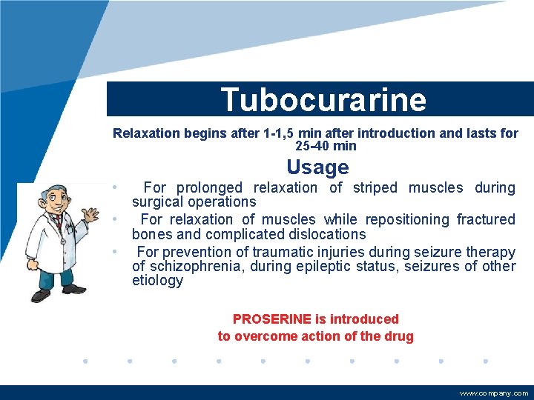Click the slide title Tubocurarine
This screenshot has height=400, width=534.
[x=323, y=99]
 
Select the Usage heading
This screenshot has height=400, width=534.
[x=317, y=167]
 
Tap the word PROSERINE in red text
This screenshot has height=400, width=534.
[x=271, y=319]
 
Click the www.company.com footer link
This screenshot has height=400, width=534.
[x=494, y=393]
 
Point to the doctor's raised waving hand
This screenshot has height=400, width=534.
[x=90, y=215]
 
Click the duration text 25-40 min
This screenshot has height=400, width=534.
[x=326, y=146]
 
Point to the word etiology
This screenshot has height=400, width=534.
[x=157, y=280]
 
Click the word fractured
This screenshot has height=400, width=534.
[x=486, y=219]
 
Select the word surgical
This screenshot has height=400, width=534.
[x=157, y=201]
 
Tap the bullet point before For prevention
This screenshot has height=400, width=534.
[x=114, y=250]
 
